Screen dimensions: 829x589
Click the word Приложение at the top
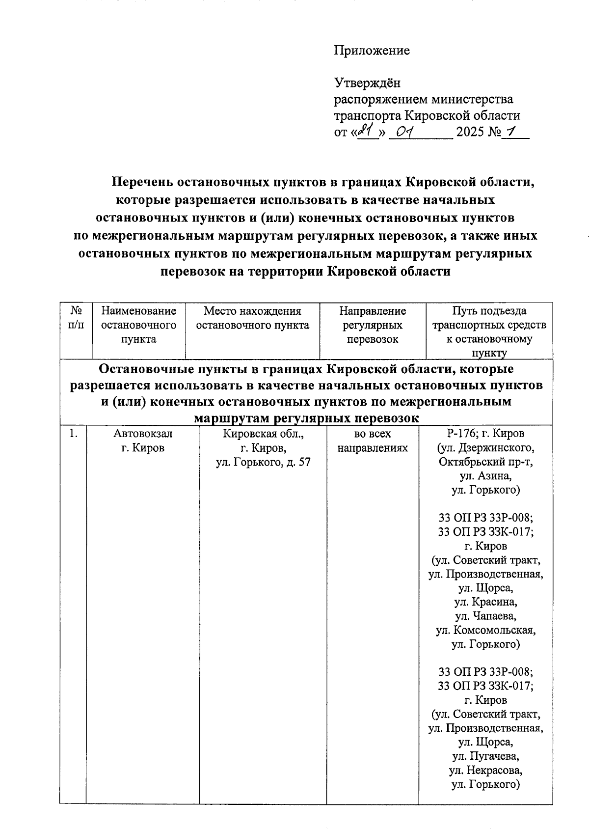coord(372,51)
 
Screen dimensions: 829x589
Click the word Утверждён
coord(367,83)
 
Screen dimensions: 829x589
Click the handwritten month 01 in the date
coord(406,132)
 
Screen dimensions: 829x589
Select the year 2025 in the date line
coord(470,132)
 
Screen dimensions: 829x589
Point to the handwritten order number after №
coord(512,131)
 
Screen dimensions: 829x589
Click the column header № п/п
coord(76,318)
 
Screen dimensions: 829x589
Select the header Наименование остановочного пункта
coord(138,325)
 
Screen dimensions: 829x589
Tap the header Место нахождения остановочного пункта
coord(252,318)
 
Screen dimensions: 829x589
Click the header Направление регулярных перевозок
coord(373,325)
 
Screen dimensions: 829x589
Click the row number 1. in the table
coord(74,434)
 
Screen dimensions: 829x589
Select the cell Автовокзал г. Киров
coord(143,441)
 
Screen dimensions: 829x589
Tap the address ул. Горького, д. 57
coord(264,462)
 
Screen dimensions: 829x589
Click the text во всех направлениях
coord(373,441)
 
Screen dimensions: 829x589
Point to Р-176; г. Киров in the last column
coord(485,434)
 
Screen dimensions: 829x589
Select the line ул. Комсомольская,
coord(485,630)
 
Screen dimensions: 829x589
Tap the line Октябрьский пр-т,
coord(485,462)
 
